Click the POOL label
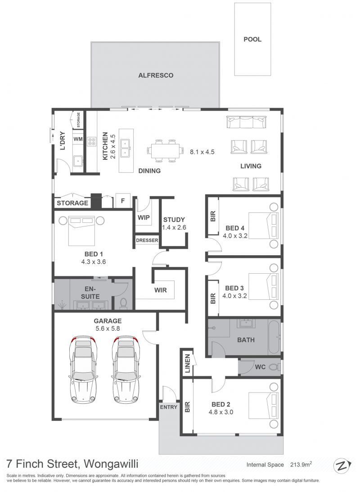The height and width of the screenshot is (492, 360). point(252,40)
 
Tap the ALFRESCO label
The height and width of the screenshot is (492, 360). point(156,75)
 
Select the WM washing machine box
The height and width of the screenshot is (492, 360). point(78,139)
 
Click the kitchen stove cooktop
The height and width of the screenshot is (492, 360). point(91,141)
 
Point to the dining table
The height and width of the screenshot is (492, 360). point(165,151)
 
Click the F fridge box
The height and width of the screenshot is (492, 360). point(123,200)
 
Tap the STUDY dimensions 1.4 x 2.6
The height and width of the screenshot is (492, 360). point(174,227)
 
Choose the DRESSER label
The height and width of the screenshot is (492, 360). point(147,240)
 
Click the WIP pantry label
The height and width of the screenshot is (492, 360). point(144,217)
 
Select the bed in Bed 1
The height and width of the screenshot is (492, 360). point(82,230)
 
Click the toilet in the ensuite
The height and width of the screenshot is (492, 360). point(123,303)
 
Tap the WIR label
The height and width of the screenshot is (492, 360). point(160,290)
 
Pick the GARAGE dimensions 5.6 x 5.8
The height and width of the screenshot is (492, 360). point(108,329)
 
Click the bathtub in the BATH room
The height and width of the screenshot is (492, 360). point(274,337)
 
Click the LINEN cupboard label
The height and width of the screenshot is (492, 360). point(188,363)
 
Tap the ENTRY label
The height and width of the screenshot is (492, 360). point(169,407)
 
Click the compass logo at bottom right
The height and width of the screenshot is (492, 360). point(342,466)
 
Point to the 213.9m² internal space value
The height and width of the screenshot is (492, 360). point(301,465)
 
